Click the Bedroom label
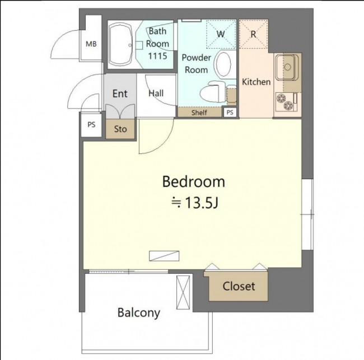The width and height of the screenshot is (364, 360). point(193,182)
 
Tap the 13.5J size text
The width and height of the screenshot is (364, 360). point(201,203)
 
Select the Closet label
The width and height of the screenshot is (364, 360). point(239,286)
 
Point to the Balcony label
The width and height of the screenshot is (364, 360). point(139,312)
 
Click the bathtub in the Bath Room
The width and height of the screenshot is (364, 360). point(121,45)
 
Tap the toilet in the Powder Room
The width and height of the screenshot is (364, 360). point(212,91)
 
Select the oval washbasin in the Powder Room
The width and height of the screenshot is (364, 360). point(223,64)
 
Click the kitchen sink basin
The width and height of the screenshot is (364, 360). point(287,67)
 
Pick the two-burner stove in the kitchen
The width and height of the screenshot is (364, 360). point(285,102)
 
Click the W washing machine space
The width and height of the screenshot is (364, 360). point(221,34)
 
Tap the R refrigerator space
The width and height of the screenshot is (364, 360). point(253,34)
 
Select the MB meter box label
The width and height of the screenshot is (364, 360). point(91,44)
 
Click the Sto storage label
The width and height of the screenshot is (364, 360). point(120,129)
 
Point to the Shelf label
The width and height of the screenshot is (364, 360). point(199,113)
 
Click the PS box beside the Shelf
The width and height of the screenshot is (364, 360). point(230,113)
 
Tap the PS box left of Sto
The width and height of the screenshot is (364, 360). point(91,125)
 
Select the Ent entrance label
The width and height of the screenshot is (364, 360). point(120,93)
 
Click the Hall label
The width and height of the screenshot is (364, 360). point(156,93)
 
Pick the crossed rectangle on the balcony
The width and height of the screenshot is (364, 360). point(183,292)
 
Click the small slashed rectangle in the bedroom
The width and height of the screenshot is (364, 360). point(164,256)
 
